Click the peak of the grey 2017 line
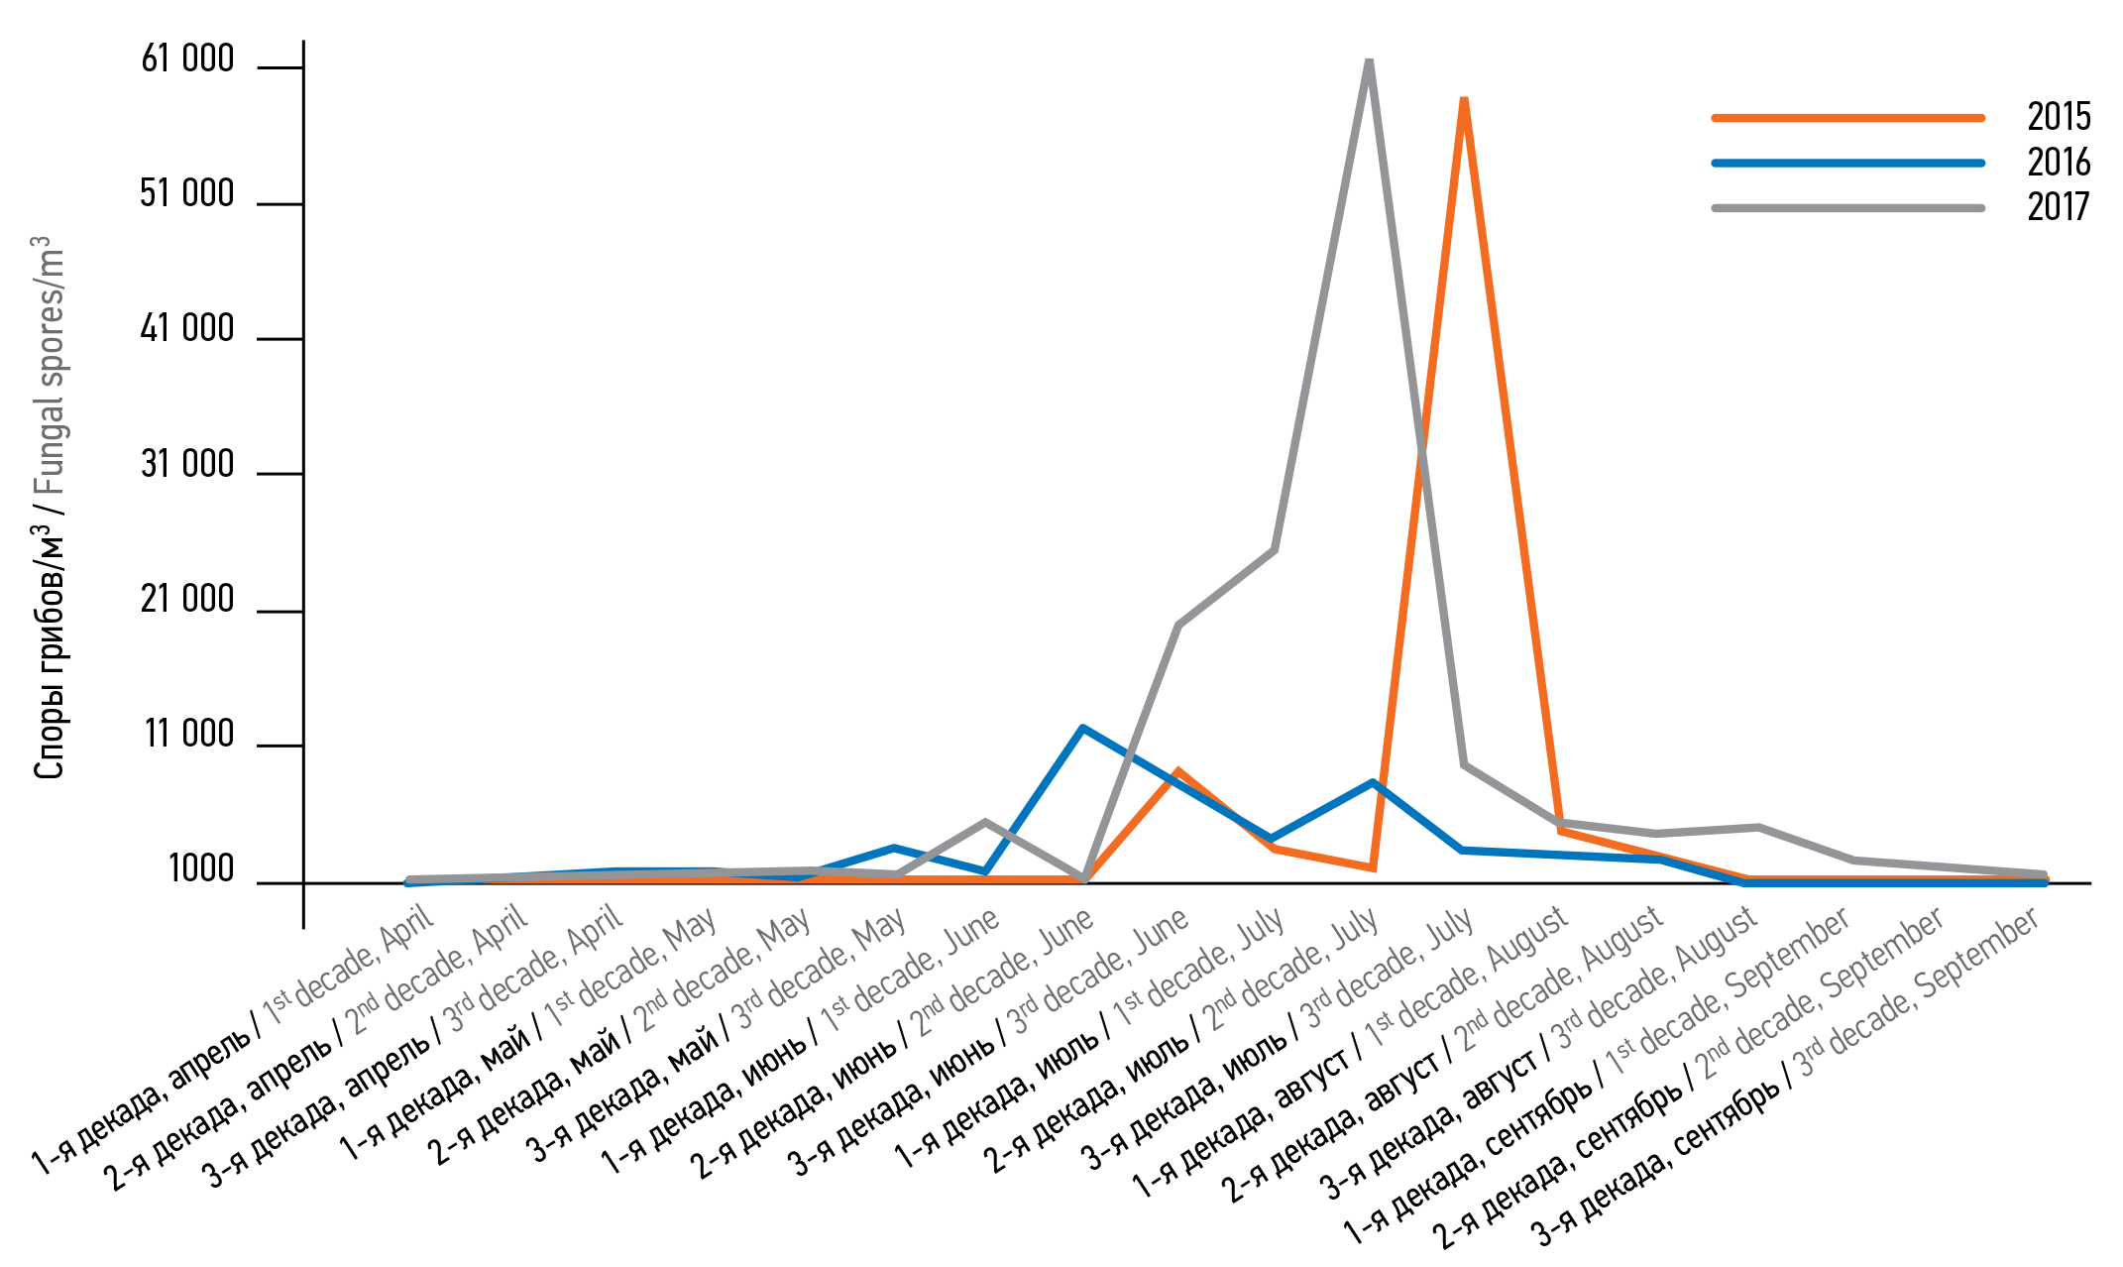point(1369,62)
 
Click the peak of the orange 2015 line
point(1464,100)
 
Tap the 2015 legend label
point(2058,117)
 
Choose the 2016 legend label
point(2058,163)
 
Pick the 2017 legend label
point(2058,207)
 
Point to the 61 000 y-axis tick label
point(187,59)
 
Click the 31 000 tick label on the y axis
point(187,465)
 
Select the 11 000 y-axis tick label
point(189,735)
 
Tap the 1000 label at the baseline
point(201,869)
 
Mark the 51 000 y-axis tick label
point(187,194)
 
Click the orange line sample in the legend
point(1847,118)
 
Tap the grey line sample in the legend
point(1847,208)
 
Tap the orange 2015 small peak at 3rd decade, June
point(1177,771)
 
